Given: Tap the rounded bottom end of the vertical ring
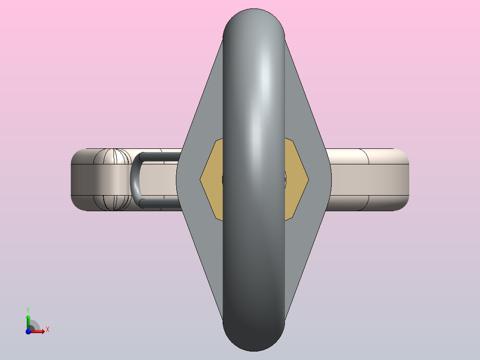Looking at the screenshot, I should click(253, 339).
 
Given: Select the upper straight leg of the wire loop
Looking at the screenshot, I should click(160, 156).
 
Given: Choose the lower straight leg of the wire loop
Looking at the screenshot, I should click(160, 204).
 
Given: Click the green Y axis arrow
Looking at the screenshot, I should click(28, 318).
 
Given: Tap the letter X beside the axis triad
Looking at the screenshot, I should click(47, 330).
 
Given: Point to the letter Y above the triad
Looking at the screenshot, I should click(28, 309).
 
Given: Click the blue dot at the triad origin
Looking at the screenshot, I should click(28, 331).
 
